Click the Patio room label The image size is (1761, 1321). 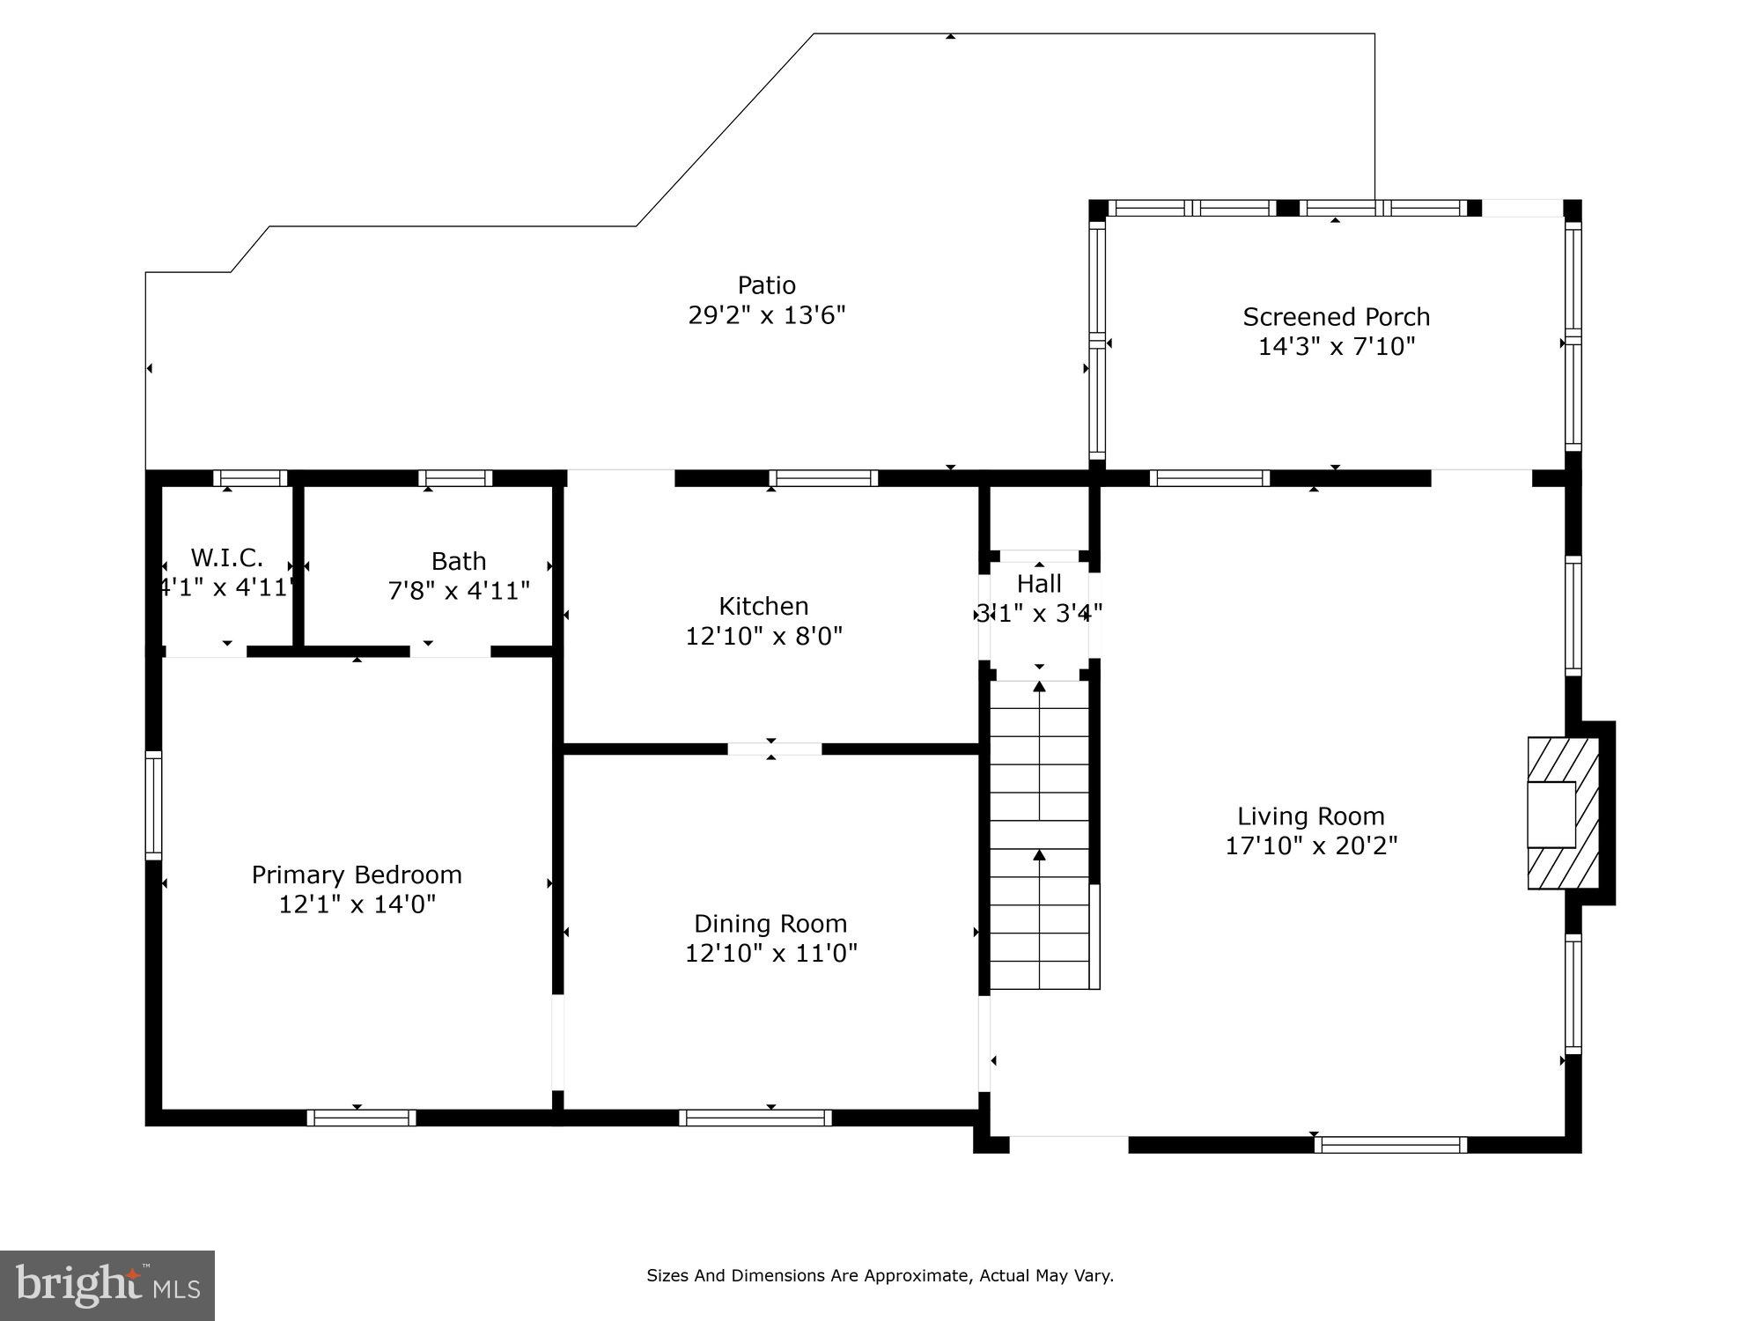[767, 285]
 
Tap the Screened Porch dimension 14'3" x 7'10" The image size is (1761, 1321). [1337, 346]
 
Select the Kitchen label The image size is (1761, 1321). [763, 606]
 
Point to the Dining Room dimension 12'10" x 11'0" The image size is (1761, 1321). [771, 953]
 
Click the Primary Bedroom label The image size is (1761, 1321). [357, 875]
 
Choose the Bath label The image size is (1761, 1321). [459, 561]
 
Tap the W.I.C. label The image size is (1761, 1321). [227, 557]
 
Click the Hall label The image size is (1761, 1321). [1039, 583]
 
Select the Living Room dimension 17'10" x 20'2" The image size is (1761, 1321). [1312, 845]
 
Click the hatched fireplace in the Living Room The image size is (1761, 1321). [1563, 813]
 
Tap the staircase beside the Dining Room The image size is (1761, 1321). [1040, 835]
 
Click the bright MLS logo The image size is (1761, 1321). [107, 1286]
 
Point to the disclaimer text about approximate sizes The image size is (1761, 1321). [880, 1275]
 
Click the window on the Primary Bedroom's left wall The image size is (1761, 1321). [153, 806]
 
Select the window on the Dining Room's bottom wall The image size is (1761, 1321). [755, 1118]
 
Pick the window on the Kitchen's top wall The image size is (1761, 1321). [823, 478]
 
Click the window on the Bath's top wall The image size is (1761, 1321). [455, 478]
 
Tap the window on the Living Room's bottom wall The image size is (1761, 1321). [1391, 1145]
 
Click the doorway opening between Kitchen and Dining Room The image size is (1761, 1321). [775, 749]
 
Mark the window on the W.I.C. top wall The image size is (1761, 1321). [250, 478]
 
